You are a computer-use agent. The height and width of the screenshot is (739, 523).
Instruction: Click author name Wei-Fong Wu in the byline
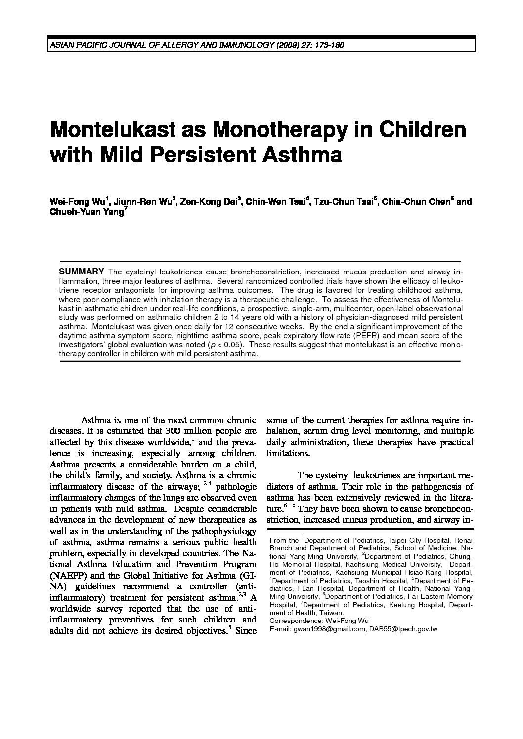click(76, 202)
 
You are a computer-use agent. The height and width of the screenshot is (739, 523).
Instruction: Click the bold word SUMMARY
click(81, 272)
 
